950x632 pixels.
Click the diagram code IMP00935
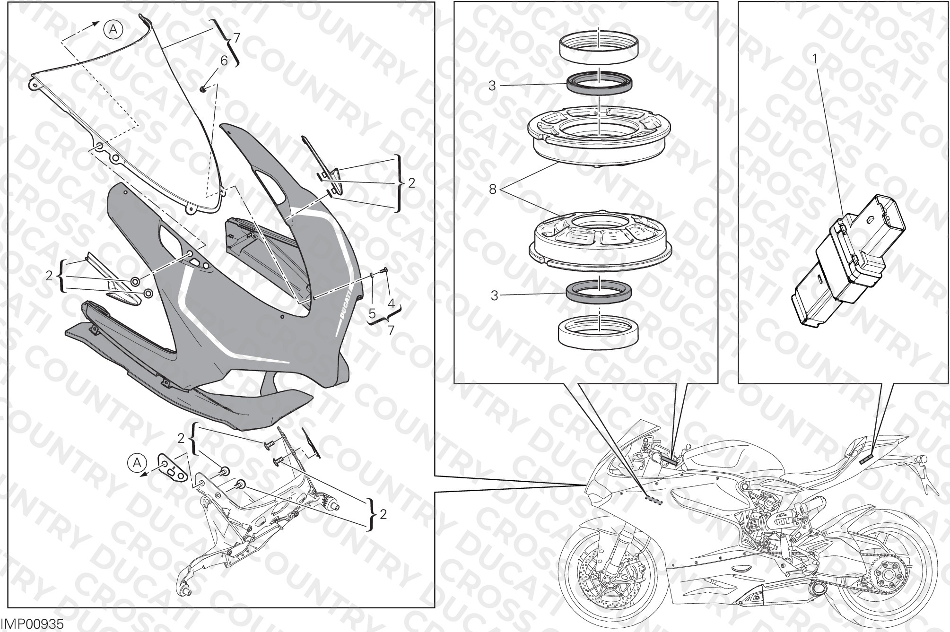[x=32, y=623]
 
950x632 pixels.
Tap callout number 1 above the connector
[x=815, y=59]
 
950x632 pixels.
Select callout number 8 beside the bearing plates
[x=492, y=190]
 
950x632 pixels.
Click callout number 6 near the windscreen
[x=224, y=60]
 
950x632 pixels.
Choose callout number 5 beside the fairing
[x=372, y=313]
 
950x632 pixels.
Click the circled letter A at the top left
[x=113, y=30]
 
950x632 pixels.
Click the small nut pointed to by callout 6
[x=203, y=88]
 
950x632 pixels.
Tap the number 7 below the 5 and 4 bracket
[x=391, y=330]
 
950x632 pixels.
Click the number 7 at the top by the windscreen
[x=236, y=37]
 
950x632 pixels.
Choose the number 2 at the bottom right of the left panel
[x=383, y=514]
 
